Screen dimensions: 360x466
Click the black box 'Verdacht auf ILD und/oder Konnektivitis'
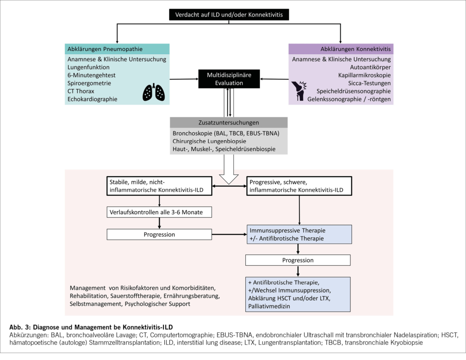point(229,15)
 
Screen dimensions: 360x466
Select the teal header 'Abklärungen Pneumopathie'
point(118,49)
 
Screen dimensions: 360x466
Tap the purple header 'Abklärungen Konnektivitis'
point(340,49)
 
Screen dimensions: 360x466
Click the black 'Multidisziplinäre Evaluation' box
point(229,79)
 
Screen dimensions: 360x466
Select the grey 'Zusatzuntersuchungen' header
point(228,123)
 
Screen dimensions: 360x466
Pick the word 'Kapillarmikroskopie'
point(364,75)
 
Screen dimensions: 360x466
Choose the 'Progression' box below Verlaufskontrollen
point(160,234)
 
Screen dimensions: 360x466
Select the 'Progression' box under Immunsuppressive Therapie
point(298,260)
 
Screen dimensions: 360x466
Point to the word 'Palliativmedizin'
point(269,306)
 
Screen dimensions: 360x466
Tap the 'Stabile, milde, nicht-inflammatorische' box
point(160,185)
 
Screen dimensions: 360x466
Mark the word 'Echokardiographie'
point(92,99)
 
